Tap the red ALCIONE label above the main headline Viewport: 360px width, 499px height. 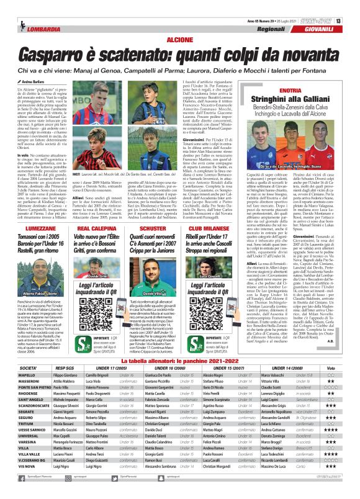[181, 39]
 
